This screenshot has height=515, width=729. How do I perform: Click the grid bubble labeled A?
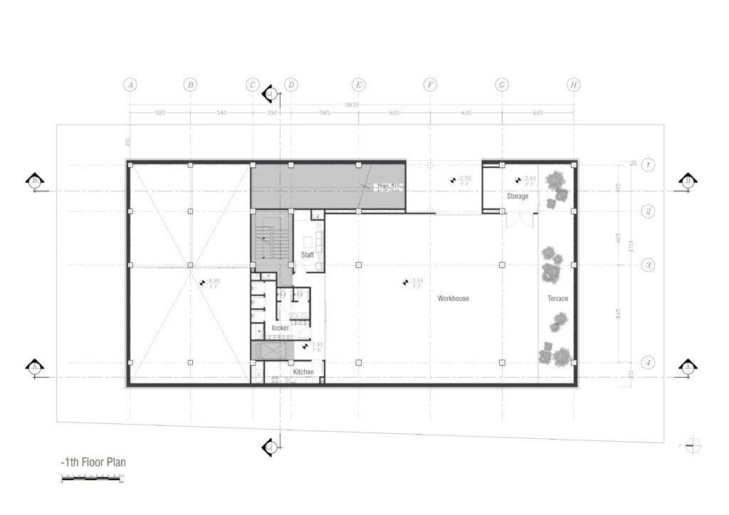(x=130, y=85)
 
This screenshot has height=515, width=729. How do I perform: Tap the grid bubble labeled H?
(x=574, y=85)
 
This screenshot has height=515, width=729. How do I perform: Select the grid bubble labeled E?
(x=359, y=85)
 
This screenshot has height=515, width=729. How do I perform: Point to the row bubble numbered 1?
(x=648, y=165)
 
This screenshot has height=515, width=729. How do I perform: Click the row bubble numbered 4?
(x=648, y=363)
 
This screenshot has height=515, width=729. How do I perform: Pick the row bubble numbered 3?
(x=648, y=265)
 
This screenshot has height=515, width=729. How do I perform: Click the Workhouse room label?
(x=453, y=299)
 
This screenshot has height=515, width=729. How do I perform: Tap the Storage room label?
(x=518, y=196)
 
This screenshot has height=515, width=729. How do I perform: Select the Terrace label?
(x=557, y=299)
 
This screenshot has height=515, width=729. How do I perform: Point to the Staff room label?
(x=308, y=255)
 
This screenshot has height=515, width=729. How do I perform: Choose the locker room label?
(x=280, y=328)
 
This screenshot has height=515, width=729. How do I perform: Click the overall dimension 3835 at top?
(x=352, y=105)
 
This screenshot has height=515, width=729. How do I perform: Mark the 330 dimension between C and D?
(x=271, y=113)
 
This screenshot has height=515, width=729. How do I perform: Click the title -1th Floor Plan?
(x=93, y=462)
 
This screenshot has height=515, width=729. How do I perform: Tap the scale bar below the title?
(x=90, y=477)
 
